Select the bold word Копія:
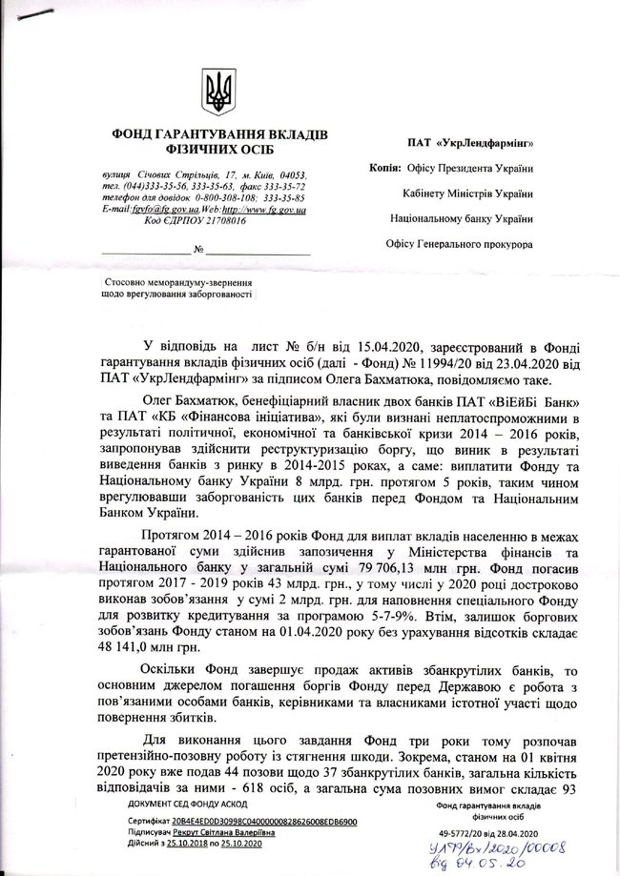387,169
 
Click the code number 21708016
217,219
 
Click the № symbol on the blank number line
198,252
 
